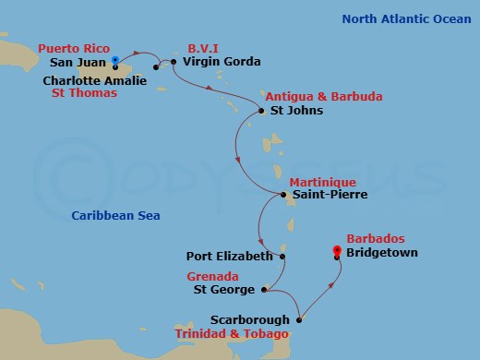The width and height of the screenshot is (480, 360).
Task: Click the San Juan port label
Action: (x=75, y=63)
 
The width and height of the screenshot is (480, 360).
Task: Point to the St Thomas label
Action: (x=84, y=93)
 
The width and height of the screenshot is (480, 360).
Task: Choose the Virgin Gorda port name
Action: (x=222, y=62)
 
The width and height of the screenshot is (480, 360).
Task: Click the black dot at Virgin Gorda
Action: (x=174, y=62)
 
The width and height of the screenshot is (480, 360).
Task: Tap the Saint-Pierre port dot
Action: (x=283, y=195)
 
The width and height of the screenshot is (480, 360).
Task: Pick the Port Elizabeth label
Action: (x=229, y=256)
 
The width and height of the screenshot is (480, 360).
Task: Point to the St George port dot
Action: (x=265, y=290)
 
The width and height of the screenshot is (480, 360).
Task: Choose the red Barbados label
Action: (x=375, y=238)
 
